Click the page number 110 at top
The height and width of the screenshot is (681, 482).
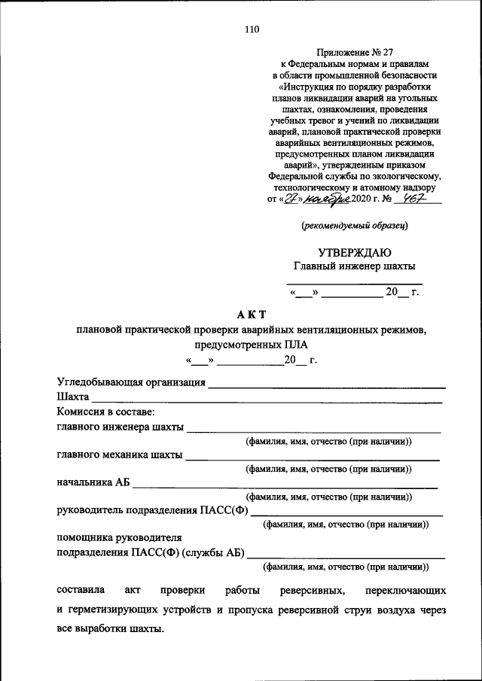click(251, 30)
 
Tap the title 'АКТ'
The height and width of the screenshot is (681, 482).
click(252, 313)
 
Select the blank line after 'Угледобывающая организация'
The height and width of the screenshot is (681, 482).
click(327, 385)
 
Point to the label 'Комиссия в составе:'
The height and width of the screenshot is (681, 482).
click(105, 412)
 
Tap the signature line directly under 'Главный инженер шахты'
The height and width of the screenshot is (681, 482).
click(354, 281)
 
